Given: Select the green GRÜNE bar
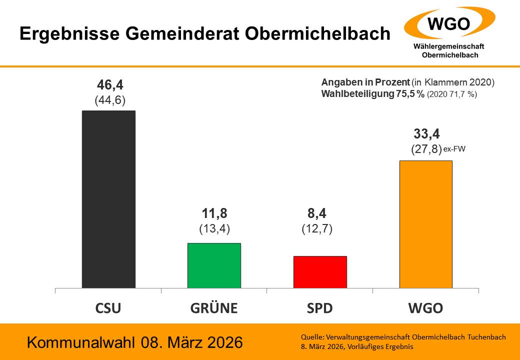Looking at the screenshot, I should [x=214, y=265].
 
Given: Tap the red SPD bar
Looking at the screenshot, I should [x=320, y=272].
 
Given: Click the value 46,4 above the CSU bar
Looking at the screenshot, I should [x=110, y=85].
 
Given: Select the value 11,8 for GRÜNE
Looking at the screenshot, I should [x=214, y=213].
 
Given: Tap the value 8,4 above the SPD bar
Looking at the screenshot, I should [x=317, y=213].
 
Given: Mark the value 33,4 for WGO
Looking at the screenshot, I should [x=426, y=134].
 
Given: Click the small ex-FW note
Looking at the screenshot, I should [x=454, y=148].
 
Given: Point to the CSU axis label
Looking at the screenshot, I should [x=108, y=308].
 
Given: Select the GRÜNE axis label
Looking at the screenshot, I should [x=214, y=308].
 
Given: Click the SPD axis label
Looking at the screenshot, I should [x=320, y=308].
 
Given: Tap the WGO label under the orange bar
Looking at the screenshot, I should [x=425, y=308].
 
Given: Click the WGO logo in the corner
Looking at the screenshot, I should [x=449, y=24].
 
